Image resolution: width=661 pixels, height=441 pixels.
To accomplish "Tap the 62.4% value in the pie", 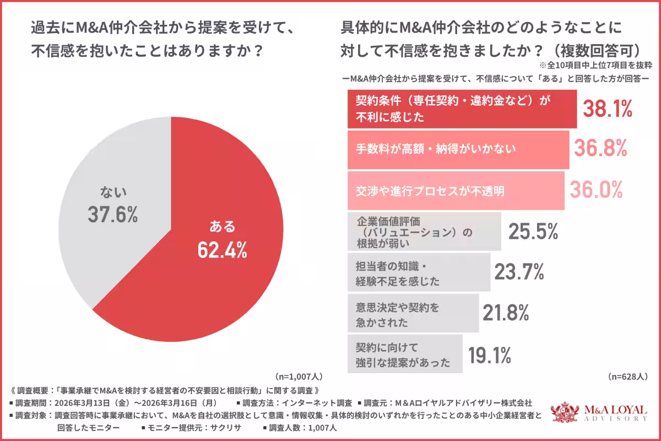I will [x=222, y=250].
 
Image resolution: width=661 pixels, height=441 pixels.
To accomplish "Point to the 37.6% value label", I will [x=113, y=215].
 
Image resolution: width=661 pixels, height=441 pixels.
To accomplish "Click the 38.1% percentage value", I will [x=608, y=109].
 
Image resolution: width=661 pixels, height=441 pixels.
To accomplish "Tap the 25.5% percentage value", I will [x=533, y=232].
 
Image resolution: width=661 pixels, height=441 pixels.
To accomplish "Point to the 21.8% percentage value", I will [x=506, y=313].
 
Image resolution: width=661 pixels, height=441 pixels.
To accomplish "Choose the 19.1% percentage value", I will [x=490, y=356].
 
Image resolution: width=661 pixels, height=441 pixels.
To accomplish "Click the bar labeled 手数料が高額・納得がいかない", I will [x=457, y=149].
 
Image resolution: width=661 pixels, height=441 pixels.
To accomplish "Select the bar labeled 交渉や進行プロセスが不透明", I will [x=454, y=191].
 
